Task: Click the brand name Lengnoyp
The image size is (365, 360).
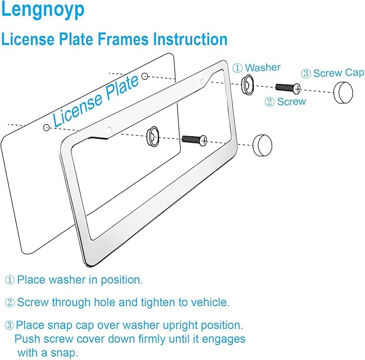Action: tap(42, 11)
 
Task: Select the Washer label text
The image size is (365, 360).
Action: tap(263, 67)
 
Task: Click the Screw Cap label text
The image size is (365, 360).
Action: tap(338, 73)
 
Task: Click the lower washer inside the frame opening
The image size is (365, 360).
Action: tap(153, 136)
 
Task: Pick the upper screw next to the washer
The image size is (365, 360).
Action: tap(288, 87)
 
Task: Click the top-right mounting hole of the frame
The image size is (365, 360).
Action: tap(202, 82)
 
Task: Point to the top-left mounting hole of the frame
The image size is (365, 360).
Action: tap(109, 130)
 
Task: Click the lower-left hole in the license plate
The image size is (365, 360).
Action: tap(47, 127)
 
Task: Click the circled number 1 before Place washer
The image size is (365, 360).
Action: tap(10, 280)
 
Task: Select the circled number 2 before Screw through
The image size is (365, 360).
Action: tap(10, 302)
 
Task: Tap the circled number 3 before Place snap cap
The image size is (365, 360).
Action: tap(10, 325)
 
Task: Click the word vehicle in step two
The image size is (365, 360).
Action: tap(212, 302)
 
